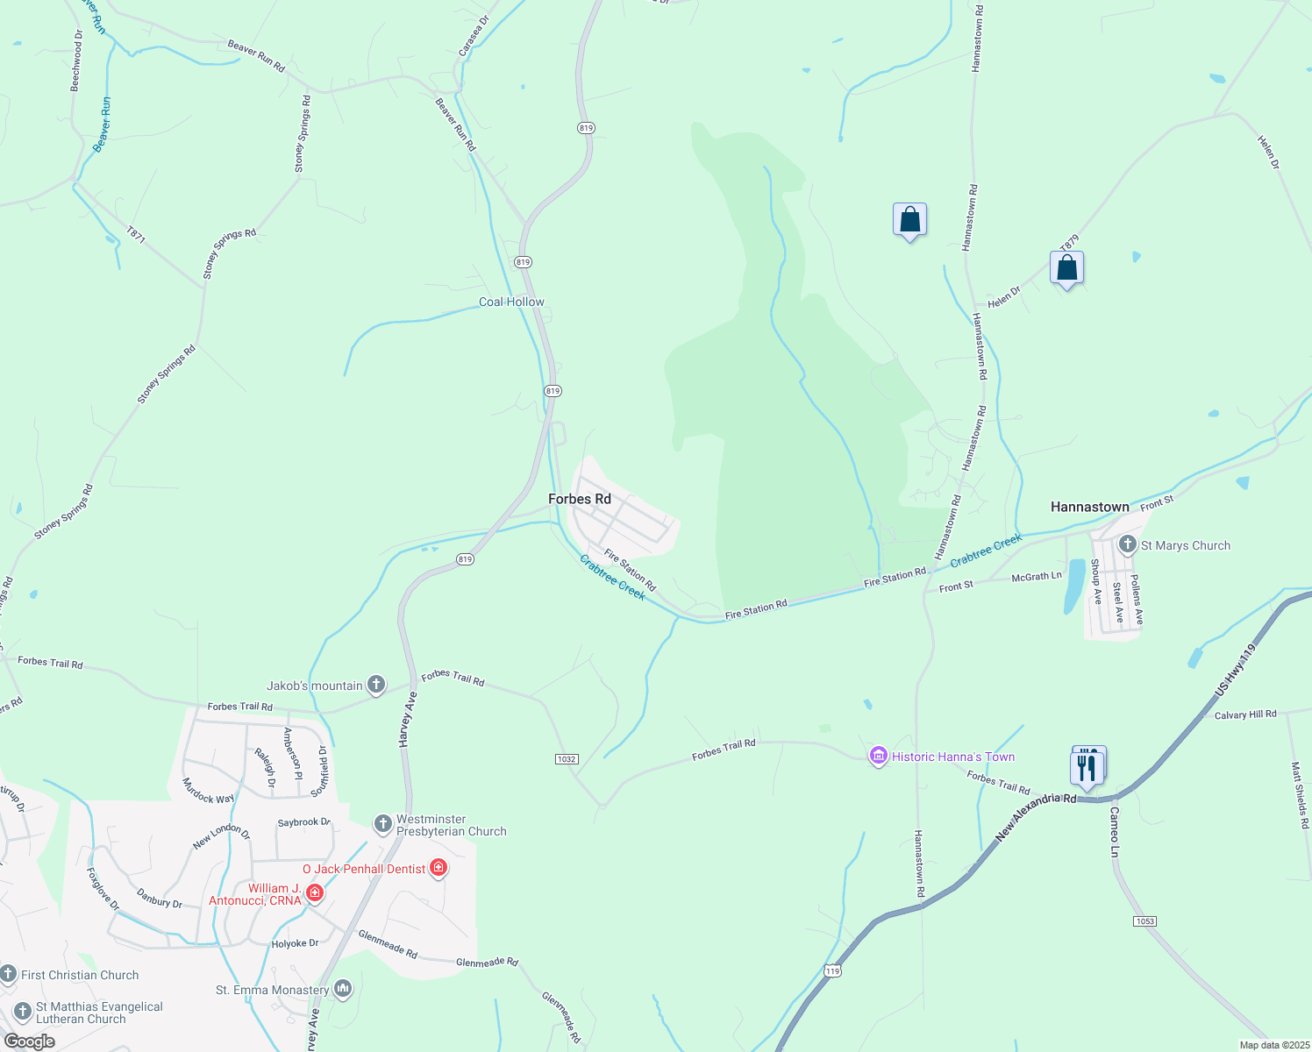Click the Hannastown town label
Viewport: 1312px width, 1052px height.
pyautogui.click(x=1089, y=507)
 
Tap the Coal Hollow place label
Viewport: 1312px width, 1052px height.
pyautogui.click(x=511, y=302)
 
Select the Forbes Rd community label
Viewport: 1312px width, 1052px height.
pyautogui.click(x=579, y=499)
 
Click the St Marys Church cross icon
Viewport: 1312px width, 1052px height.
pyautogui.click(x=1128, y=544)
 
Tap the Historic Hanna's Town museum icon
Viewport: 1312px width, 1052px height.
pyautogui.click(x=878, y=756)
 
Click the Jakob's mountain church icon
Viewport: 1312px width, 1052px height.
pyautogui.click(x=376, y=685)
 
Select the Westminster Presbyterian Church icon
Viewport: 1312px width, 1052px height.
pyautogui.click(x=382, y=824)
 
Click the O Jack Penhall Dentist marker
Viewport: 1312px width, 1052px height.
pyautogui.click(x=439, y=868)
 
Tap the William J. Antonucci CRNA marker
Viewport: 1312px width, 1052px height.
pyautogui.click(x=315, y=893)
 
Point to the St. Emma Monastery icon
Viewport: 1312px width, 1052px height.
pyautogui.click(x=343, y=989)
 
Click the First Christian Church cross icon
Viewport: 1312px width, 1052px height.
pyautogui.click(x=9, y=974)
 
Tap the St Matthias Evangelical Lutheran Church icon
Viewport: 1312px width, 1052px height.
pyautogui.click(x=23, y=1012)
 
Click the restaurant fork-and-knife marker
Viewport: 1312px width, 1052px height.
pyautogui.click(x=1087, y=768)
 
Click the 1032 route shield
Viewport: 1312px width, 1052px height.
pyautogui.click(x=567, y=759)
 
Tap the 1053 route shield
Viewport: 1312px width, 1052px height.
pyautogui.click(x=1144, y=920)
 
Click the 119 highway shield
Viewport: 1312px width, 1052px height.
pyautogui.click(x=832, y=970)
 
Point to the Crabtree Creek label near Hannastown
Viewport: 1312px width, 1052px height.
pyautogui.click(x=986, y=550)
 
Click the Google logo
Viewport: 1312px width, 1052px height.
pyautogui.click(x=29, y=1041)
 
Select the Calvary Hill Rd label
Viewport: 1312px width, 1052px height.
pyautogui.click(x=1245, y=714)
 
